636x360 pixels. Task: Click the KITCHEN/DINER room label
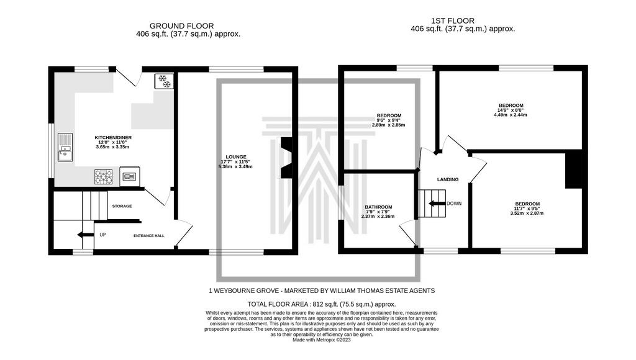113,137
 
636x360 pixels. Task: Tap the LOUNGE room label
236,157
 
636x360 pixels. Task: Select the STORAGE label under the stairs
122,206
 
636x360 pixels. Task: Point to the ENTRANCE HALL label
149,235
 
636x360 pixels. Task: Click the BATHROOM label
378,207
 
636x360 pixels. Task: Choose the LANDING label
448,179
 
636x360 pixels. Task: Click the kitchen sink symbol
65,147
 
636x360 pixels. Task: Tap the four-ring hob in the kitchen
104,177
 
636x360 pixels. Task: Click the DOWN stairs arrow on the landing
437,204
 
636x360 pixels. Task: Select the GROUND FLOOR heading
182,26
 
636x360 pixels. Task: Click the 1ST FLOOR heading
453,20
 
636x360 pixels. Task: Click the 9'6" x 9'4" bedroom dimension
388,120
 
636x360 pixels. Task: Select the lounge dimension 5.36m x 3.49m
235,166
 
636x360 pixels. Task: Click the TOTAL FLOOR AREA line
322,304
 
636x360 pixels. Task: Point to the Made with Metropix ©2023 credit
322,340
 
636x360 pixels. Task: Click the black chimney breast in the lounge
286,158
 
